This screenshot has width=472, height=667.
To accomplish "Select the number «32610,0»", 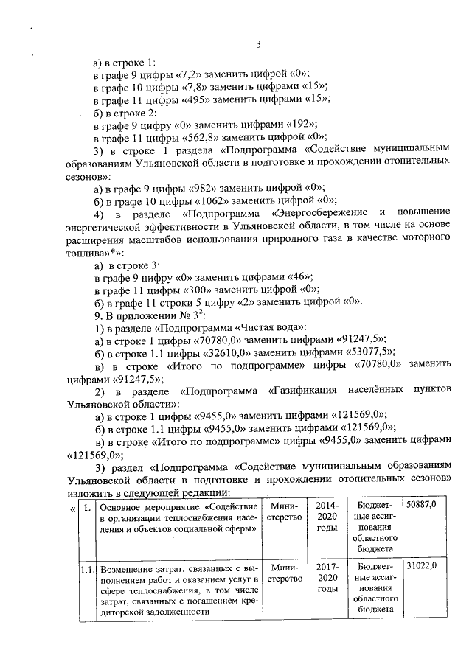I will coord(210,351).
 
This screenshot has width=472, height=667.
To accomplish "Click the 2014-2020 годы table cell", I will coord(327,517).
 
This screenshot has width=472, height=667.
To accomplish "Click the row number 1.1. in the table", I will coord(87,570).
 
